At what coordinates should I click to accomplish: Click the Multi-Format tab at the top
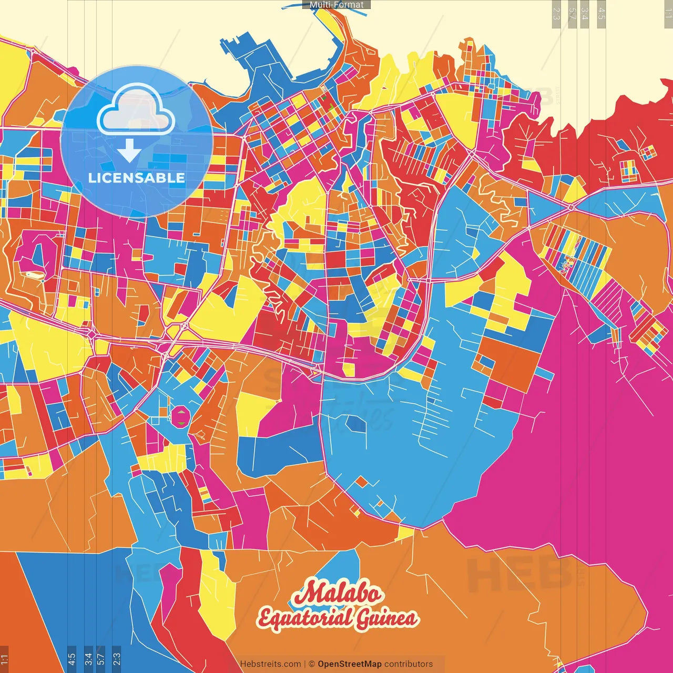[336, 5]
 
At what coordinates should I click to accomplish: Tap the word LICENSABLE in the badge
[137, 178]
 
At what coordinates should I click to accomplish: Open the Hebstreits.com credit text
[270, 664]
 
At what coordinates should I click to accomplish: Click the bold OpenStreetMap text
[350, 664]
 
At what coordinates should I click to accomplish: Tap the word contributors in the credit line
[409, 664]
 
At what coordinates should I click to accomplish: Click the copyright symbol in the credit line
[311, 664]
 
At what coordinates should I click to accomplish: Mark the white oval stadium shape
[33, 274]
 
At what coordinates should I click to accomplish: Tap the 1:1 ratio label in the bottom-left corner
[4, 658]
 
